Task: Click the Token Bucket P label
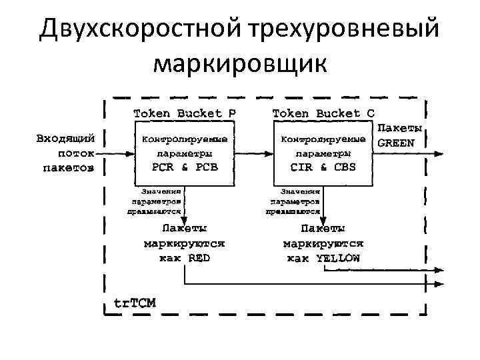click(x=185, y=113)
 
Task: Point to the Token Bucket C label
click(x=323, y=113)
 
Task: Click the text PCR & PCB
click(x=185, y=166)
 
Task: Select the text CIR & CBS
click(x=323, y=166)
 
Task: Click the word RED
click(x=199, y=258)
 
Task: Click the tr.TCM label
click(x=134, y=302)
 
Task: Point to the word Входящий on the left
click(x=65, y=139)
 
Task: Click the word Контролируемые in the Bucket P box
click(x=185, y=139)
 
